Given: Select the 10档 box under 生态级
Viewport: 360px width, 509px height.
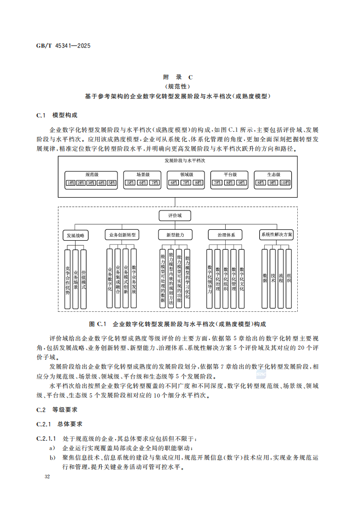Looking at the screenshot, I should coord(285,183).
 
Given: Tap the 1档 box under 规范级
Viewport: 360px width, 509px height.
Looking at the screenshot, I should coord(71,183).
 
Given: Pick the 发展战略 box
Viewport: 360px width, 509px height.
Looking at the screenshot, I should coord(76,235).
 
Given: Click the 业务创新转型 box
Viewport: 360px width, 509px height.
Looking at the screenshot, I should coord(122,235).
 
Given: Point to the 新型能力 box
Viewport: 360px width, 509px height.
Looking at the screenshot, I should coord(175,235).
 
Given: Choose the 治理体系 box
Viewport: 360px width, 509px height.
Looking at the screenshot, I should coord(226,235).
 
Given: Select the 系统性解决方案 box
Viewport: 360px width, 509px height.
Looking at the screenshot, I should coord(277,235).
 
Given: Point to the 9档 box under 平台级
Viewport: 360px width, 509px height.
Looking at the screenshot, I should coord(240,183).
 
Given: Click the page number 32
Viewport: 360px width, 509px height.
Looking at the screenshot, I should coord(47,477).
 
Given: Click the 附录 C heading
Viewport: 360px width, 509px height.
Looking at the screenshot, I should coord(177,77).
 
